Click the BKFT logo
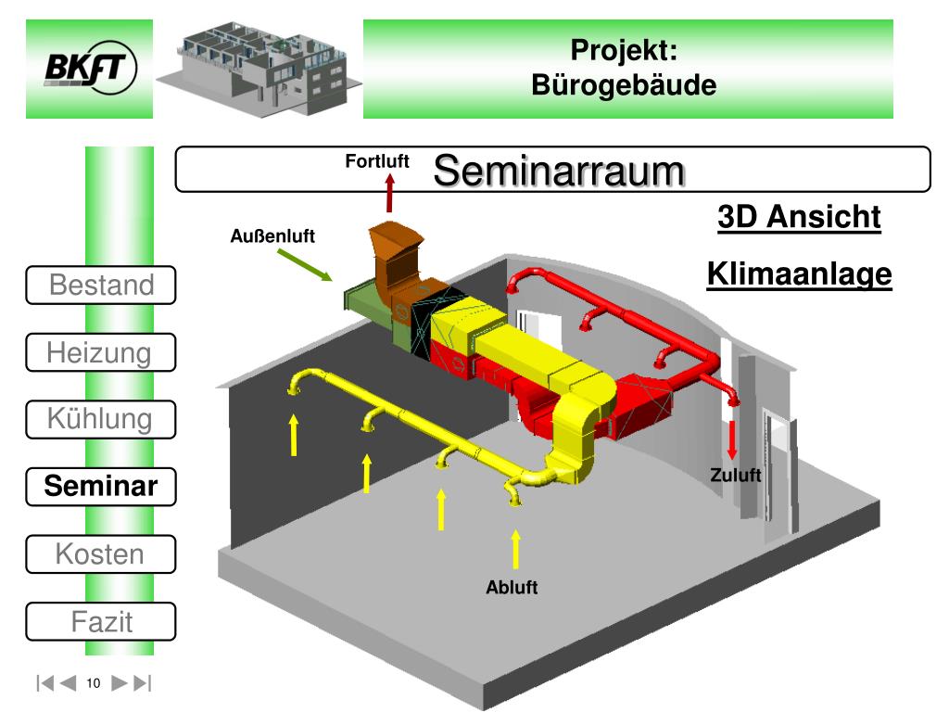tap(91, 67)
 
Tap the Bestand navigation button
tap(101, 285)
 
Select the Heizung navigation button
tap(101, 352)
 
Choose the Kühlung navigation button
tap(101, 419)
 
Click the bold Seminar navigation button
tap(101, 486)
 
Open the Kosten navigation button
tap(101, 554)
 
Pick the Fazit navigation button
tap(101, 621)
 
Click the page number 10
tap(94, 683)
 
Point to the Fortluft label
tap(377, 161)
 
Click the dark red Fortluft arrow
tap(390, 193)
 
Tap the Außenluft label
tap(272, 235)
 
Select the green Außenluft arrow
tap(305, 265)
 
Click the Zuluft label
tap(735, 475)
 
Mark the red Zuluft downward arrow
tap(732, 439)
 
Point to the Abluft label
tap(512, 587)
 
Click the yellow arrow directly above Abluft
tap(515, 549)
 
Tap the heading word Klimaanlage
tap(800, 273)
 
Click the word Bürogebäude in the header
tap(624, 84)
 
